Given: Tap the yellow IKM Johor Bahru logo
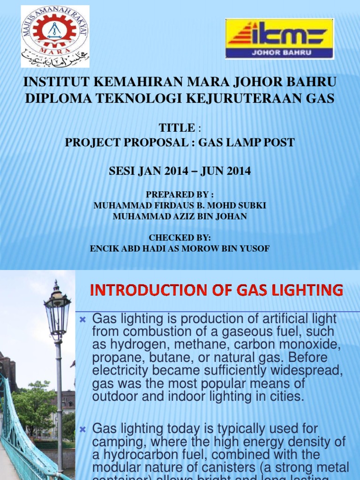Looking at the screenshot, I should (279, 38).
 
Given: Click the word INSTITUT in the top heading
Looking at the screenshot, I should (56, 82).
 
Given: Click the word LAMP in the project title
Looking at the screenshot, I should (237, 142).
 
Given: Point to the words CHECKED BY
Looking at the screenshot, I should (180, 238).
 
